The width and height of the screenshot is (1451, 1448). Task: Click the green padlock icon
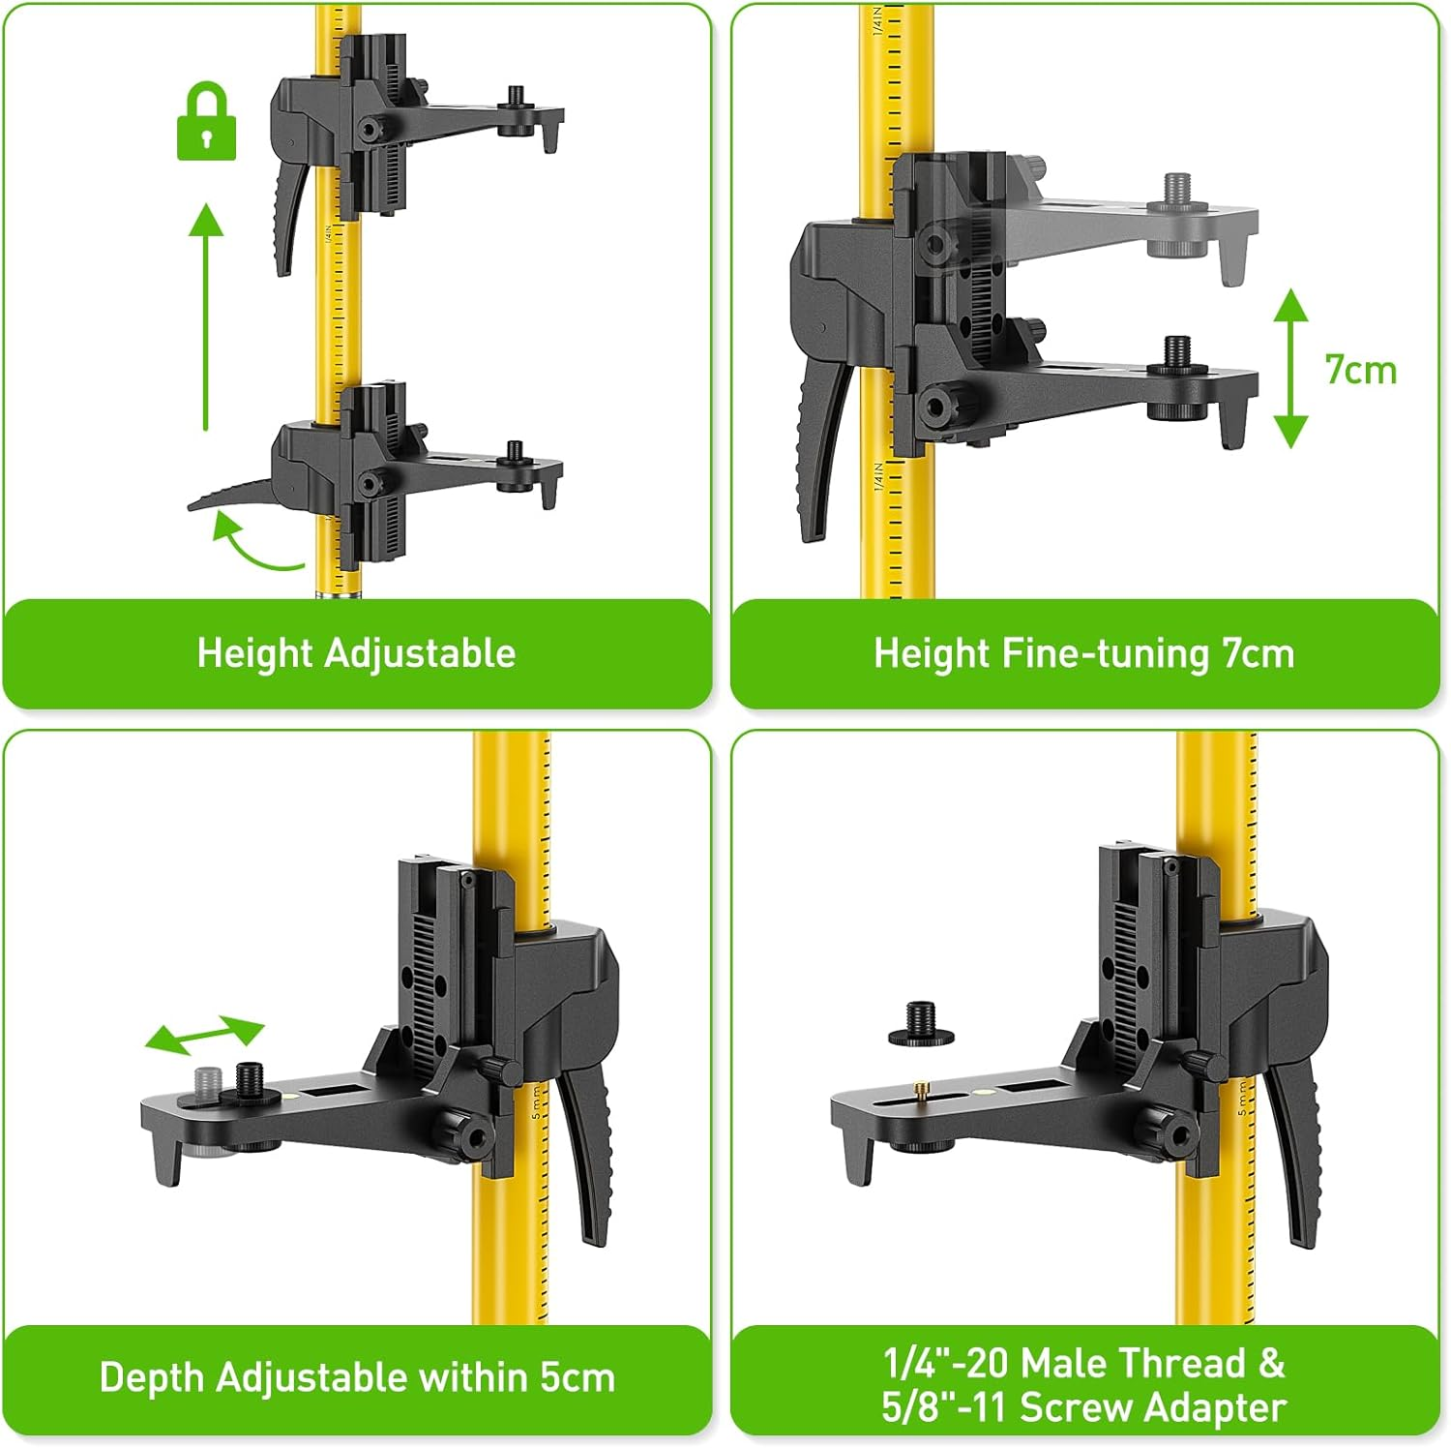point(206,123)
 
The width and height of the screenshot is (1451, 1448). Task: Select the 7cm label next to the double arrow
point(1360,370)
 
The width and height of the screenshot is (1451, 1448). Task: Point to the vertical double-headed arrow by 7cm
point(1290,369)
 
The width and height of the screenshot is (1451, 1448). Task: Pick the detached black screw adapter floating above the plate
point(920,1024)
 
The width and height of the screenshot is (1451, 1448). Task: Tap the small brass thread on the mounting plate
point(918,1091)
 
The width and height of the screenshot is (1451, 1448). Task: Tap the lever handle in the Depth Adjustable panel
point(589,1161)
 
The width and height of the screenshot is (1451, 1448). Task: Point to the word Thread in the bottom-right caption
point(1183,1363)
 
